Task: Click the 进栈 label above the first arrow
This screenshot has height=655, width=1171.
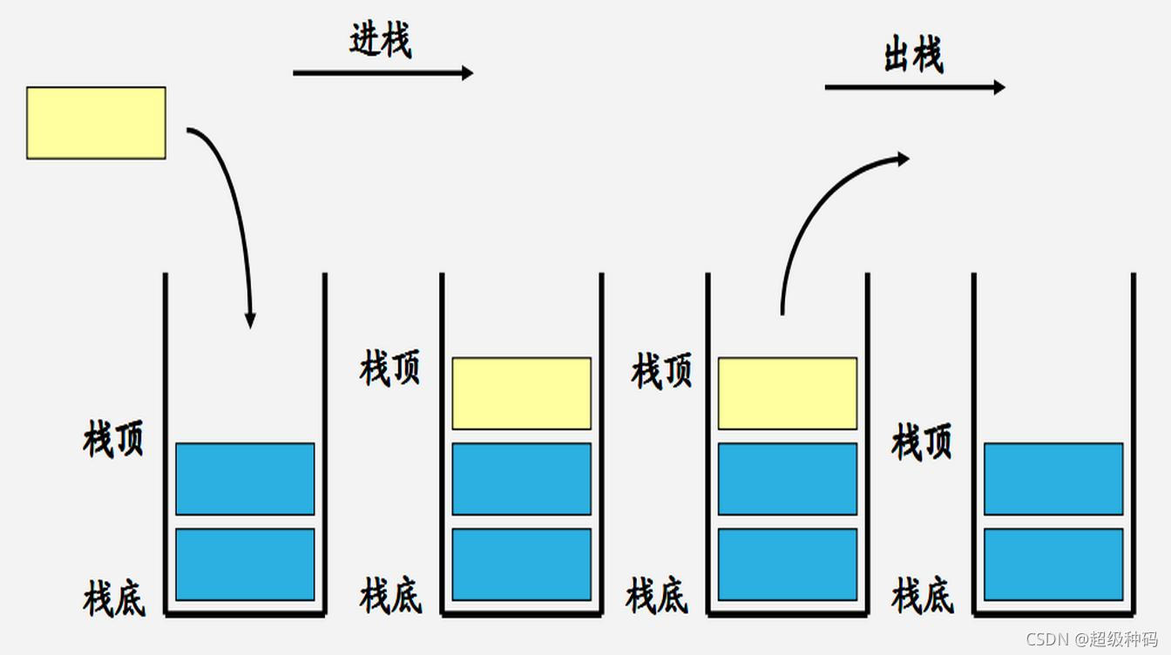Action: (x=381, y=40)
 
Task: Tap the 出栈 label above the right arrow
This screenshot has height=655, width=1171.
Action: (x=913, y=56)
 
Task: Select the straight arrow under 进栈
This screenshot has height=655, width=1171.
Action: (x=382, y=73)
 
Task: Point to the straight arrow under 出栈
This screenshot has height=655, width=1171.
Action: (x=914, y=87)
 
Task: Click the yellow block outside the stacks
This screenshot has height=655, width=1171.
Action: (x=96, y=123)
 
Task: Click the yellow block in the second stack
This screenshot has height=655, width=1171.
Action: (x=521, y=393)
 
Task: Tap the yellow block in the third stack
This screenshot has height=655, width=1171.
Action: (x=787, y=393)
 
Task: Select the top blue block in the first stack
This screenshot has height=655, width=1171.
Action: (x=245, y=478)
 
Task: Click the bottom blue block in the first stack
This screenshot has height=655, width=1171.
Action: (x=245, y=564)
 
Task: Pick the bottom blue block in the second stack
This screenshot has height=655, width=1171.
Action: (x=521, y=564)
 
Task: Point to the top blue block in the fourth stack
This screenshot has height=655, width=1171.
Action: (x=1053, y=478)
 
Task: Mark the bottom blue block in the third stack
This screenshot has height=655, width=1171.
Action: (x=787, y=564)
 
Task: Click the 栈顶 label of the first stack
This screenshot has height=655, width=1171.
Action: (x=113, y=439)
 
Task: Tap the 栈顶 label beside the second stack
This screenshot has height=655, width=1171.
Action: (x=389, y=368)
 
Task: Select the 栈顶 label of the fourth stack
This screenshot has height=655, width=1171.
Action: (x=922, y=442)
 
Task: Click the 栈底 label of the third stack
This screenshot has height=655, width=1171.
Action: (x=656, y=597)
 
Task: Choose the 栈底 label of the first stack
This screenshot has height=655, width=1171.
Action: (x=113, y=598)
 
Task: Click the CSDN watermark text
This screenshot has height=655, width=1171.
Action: (x=1092, y=638)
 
